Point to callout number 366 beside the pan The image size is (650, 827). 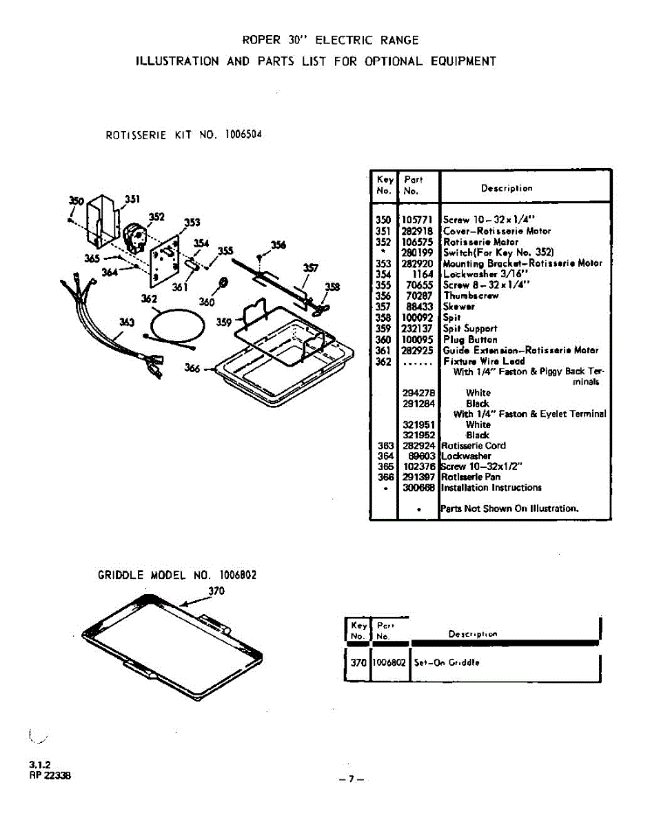point(192,368)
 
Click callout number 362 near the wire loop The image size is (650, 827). point(149,299)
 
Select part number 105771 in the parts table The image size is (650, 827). point(416,221)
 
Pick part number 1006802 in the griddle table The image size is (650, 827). point(389,662)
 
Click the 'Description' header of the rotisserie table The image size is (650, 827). point(507,188)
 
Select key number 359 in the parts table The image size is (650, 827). point(383,329)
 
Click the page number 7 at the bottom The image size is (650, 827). point(351,779)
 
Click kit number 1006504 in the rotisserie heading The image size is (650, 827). point(243,134)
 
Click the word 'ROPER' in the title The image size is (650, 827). point(262,40)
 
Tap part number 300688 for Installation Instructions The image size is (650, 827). point(418,487)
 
